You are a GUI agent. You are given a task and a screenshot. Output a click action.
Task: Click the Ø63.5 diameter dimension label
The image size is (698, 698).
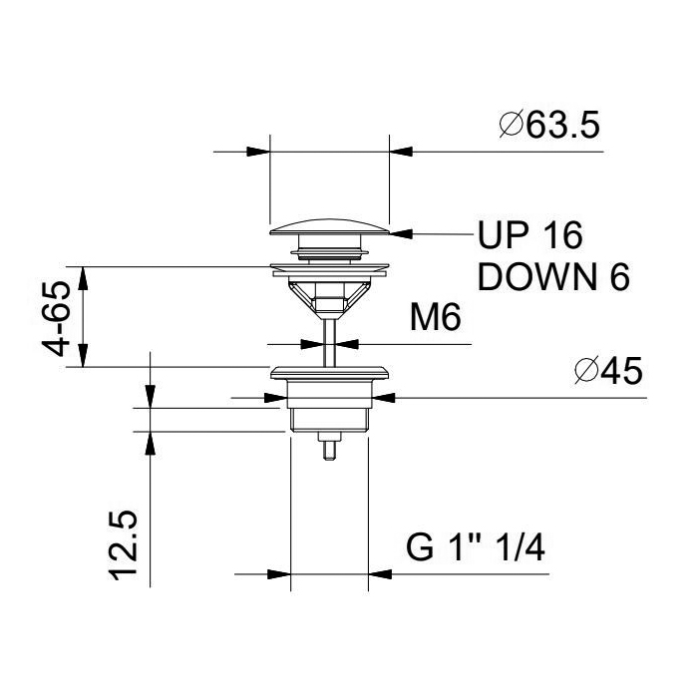point(549,125)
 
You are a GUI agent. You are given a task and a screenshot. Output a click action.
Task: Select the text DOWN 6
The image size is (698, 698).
point(553,277)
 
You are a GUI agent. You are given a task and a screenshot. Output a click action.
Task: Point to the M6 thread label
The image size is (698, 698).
point(436,317)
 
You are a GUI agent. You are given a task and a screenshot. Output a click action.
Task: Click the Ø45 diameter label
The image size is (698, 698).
point(608,370)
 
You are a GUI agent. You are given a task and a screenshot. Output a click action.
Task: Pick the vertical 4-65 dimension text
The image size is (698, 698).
point(57,319)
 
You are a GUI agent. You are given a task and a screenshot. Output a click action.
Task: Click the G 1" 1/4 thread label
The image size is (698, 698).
point(476,548)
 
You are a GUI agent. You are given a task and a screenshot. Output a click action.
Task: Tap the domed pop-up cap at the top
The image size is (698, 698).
point(329,226)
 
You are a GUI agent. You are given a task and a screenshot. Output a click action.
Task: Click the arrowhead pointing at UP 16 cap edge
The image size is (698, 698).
point(401,233)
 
